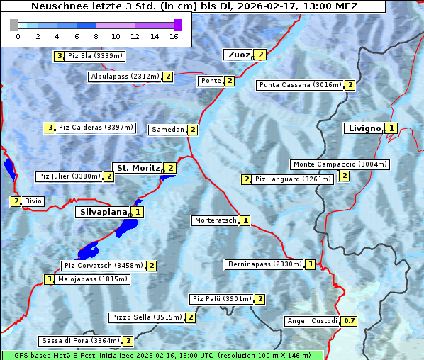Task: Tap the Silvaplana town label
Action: (x=103, y=212)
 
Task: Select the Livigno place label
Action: (x=364, y=128)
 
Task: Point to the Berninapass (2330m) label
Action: (x=264, y=264)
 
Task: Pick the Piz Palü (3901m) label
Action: (x=221, y=299)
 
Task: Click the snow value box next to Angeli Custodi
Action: (x=349, y=321)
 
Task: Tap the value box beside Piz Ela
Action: (x=60, y=55)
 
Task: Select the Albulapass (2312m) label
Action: (x=125, y=77)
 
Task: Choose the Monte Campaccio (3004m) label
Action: (x=340, y=164)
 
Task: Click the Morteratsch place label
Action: (x=216, y=220)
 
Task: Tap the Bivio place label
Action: (x=33, y=201)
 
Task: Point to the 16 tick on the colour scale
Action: (x=174, y=36)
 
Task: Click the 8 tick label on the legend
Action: (x=96, y=36)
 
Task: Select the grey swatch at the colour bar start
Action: (x=13, y=25)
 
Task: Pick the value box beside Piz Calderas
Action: (x=50, y=128)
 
